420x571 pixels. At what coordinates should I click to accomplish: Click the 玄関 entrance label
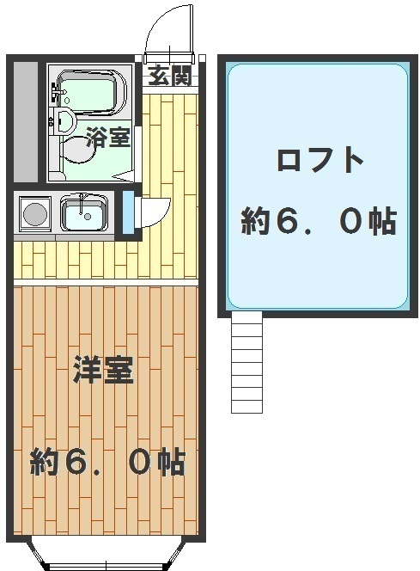click(x=170, y=77)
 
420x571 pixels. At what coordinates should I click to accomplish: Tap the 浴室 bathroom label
click(x=108, y=138)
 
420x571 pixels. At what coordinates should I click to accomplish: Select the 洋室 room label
click(x=103, y=370)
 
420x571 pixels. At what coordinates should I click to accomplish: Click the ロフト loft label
click(x=320, y=160)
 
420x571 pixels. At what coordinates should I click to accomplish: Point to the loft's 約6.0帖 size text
click(x=319, y=221)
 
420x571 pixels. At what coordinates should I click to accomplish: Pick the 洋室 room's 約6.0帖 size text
click(x=107, y=463)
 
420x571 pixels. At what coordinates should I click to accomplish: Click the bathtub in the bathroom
click(x=90, y=93)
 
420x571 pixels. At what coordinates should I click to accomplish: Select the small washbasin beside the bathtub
click(x=64, y=120)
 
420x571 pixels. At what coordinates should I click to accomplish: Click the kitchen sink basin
click(x=84, y=213)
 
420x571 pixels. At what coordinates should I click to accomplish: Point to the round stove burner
click(x=35, y=214)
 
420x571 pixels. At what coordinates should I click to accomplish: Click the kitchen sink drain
click(x=88, y=217)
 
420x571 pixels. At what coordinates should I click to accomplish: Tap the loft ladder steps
click(x=247, y=362)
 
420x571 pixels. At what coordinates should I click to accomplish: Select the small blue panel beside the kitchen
click(x=128, y=212)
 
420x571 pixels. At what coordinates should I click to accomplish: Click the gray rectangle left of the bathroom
click(x=26, y=121)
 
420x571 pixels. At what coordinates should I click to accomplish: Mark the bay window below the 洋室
click(x=107, y=554)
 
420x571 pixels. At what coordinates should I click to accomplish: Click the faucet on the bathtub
click(x=56, y=92)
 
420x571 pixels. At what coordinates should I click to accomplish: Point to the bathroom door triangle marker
click(x=124, y=176)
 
